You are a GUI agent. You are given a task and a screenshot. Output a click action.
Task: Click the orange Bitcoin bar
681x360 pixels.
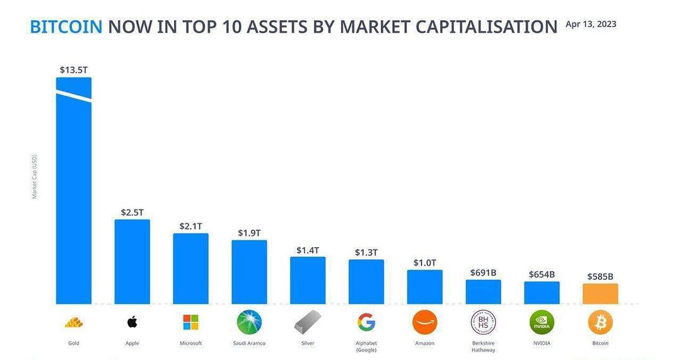[x=600, y=294]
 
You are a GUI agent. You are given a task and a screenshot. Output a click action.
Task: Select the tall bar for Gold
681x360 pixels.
[x=74, y=190]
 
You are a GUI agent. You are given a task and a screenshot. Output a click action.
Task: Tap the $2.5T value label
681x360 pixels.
[x=132, y=212]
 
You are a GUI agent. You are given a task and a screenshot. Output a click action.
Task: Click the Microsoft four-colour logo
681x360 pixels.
[x=190, y=323]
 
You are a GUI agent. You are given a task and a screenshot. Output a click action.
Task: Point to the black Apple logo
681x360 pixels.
[x=132, y=322]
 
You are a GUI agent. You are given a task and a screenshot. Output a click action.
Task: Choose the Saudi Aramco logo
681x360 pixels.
[x=249, y=322]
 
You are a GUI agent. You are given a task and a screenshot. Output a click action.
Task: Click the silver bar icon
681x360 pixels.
[x=308, y=323]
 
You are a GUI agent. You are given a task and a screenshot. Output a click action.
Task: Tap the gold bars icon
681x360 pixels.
[x=74, y=323]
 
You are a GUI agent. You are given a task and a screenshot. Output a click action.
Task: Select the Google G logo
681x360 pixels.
[x=366, y=323]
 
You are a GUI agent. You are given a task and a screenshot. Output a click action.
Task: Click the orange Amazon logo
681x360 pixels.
[x=425, y=322]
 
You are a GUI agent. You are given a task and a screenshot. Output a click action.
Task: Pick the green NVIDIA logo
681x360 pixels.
[x=542, y=322]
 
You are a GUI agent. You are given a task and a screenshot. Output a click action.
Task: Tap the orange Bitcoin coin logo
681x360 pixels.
[x=600, y=322]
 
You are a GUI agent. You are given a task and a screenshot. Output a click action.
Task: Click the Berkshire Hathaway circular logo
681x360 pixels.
[x=484, y=322]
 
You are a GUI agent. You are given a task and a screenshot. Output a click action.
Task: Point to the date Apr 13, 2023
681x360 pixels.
[x=591, y=25]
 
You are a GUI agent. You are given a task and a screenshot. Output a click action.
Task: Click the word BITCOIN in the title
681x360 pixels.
[x=66, y=27]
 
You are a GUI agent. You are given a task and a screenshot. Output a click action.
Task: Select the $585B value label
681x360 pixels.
[x=600, y=277]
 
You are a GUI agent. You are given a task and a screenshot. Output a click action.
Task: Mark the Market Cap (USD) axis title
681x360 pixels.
[x=35, y=177]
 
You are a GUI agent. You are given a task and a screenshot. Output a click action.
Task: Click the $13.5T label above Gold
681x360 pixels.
[x=74, y=70]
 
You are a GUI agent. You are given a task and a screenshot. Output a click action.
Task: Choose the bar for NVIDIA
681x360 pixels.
[x=542, y=293]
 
